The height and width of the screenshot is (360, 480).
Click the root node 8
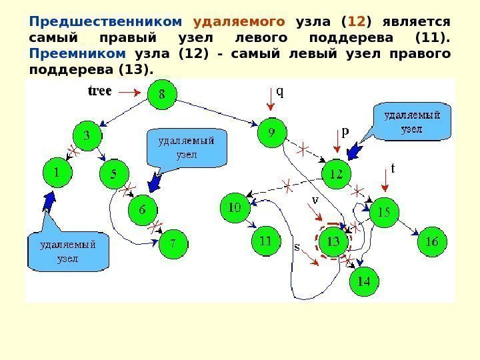(162, 95)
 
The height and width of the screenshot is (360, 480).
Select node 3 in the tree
(87, 136)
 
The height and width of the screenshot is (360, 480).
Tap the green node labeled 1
(58, 173)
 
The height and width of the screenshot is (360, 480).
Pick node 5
(114, 175)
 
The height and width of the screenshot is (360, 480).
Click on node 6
(143, 210)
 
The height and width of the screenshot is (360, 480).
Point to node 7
(173, 244)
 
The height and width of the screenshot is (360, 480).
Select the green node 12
(337, 175)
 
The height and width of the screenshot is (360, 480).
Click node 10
(235, 208)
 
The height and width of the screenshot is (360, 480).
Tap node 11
(266, 240)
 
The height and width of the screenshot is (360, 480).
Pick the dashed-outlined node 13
(333, 242)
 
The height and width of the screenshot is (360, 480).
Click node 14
(363, 281)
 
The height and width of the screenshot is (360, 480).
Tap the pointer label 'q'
(279, 93)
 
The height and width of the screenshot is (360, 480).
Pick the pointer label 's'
(297, 246)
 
